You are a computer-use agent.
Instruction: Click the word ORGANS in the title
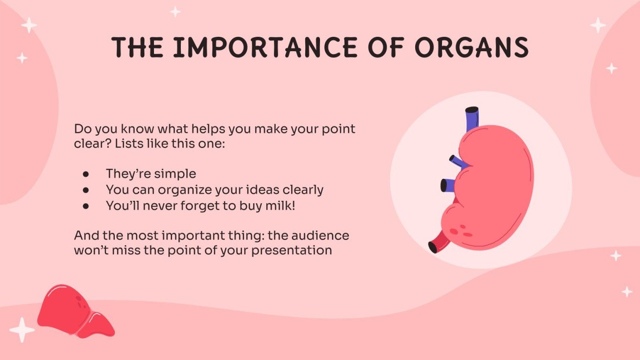(471, 47)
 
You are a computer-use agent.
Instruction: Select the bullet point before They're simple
(86, 174)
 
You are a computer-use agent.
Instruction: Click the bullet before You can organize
(86, 190)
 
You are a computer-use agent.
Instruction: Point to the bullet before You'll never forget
(86, 206)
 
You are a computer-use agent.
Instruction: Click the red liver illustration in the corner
(74, 311)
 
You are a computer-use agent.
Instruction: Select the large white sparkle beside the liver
(22, 330)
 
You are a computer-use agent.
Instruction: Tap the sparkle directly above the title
(176, 11)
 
